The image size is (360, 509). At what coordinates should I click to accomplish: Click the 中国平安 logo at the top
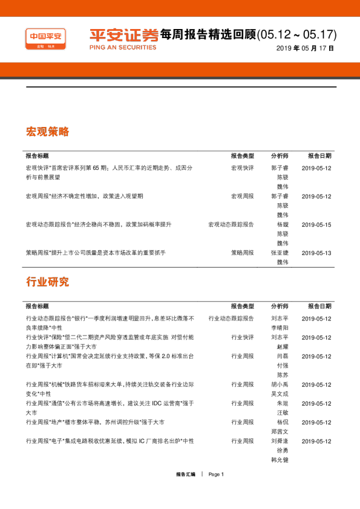click(x=45, y=39)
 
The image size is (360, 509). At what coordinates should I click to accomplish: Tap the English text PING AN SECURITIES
click(x=123, y=47)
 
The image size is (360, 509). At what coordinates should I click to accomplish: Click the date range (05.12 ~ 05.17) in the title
click(x=296, y=34)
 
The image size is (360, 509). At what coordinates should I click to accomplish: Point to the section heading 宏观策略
click(x=47, y=131)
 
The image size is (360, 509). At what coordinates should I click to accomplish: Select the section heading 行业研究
click(x=47, y=282)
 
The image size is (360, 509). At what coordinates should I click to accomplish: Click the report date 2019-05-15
click(x=316, y=225)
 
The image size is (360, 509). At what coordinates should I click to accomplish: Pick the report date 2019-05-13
click(x=316, y=253)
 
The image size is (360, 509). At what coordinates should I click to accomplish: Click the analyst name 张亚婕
click(x=280, y=253)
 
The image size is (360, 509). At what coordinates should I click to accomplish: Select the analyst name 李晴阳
click(x=280, y=328)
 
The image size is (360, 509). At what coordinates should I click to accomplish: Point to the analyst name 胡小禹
click(x=280, y=384)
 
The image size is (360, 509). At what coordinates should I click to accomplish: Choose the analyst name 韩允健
click(x=280, y=459)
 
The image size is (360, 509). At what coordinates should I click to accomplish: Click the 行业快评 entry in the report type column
click(x=243, y=337)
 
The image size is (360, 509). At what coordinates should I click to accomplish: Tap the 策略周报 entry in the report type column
click(x=243, y=253)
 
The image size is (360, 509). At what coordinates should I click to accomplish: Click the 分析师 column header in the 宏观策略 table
click(x=280, y=156)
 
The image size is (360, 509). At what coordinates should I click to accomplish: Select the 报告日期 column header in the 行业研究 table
click(x=319, y=306)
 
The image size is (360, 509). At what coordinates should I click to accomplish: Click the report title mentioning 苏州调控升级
click(x=95, y=422)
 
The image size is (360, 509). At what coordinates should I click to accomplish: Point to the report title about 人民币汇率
click(x=109, y=172)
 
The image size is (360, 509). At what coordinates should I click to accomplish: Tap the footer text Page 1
click(x=216, y=475)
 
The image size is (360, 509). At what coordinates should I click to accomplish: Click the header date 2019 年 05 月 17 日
click(x=305, y=48)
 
